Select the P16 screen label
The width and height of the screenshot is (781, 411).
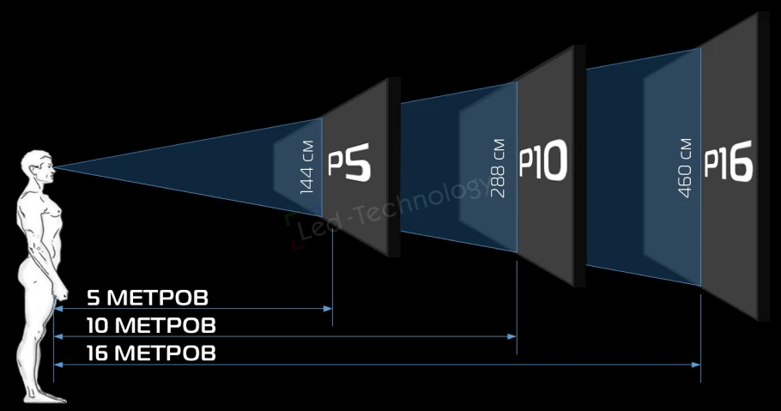pyautogui.click(x=728, y=160)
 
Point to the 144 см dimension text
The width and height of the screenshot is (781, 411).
pyautogui.click(x=307, y=167)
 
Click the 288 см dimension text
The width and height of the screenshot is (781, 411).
pyautogui.click(x=497, y=168)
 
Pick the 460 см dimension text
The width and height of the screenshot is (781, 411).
pyautogui.click(x=685, y=168)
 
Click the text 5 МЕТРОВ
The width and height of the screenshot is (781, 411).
pyautogui.click(x=148, y=298)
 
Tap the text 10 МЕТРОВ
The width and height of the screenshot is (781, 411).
pyautogui.click(x=151, y=325)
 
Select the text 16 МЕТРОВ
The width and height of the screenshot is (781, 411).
pyautogui.click(x=151, y=354)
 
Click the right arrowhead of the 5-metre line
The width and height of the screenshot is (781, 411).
pyautogui.click(x=328, y=309)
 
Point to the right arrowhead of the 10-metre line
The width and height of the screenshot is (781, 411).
pyautogui.click(x=512, y=336)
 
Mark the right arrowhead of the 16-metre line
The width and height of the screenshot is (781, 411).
pyautogui.click(x=696, y=365)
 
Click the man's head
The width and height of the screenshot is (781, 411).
pyautogui.click(x=39, y=167)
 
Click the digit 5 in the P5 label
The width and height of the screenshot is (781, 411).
pyautogui.click(x=358, y=161)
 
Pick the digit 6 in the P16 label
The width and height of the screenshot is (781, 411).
pyautogui.click(x=740, y=160)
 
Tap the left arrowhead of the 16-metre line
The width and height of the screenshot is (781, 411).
pyautogui.click(x=58, y=365)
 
